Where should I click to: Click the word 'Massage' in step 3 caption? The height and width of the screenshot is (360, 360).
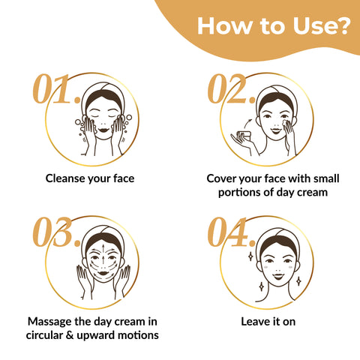pyautogui.click(x=49, y=322)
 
